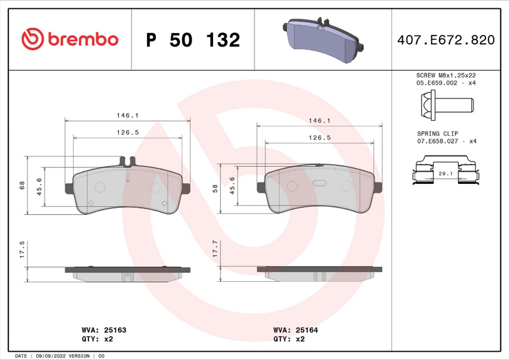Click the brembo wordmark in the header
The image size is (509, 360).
(81, 39)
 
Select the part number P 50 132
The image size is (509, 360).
(193, 39)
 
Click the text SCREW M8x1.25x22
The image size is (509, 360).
(446, 75)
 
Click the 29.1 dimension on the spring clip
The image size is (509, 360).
(445, 173)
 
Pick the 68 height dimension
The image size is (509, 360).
(22, 185)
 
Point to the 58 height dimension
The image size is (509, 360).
(216, 188)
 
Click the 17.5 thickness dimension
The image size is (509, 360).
(22, 249)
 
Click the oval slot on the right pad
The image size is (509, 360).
(319, 184)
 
